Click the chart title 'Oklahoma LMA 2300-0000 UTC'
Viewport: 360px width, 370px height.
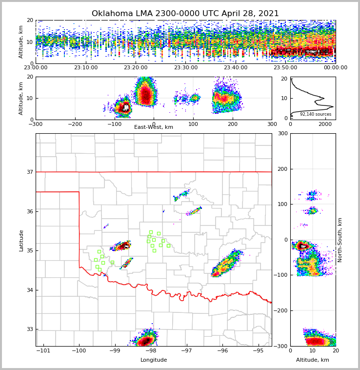click(x=185, y=14)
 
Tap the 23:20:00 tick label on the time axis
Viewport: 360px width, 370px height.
click(x=136, y=68)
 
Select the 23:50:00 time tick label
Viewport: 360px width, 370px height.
click(x=285, y=68)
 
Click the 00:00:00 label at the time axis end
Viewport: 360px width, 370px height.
click(x=335, y=68)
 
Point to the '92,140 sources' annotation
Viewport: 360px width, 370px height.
click(x=315, y=114)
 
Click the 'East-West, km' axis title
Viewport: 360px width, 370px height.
click(x=154, y=127)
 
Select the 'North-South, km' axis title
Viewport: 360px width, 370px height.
click(x=340, y=240)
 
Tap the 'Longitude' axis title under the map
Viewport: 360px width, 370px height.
click(x=154, y=360)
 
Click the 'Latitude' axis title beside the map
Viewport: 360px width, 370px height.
click(x=21, y=240)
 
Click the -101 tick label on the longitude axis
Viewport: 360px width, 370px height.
click(x=43, y=351)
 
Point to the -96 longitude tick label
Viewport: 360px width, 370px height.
click(x=222, y=351)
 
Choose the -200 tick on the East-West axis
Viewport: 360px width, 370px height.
click(x=75, y=124)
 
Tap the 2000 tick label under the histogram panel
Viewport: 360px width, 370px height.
click(x=325, y=124)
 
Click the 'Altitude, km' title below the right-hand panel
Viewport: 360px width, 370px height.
click(x=313, y=360)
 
